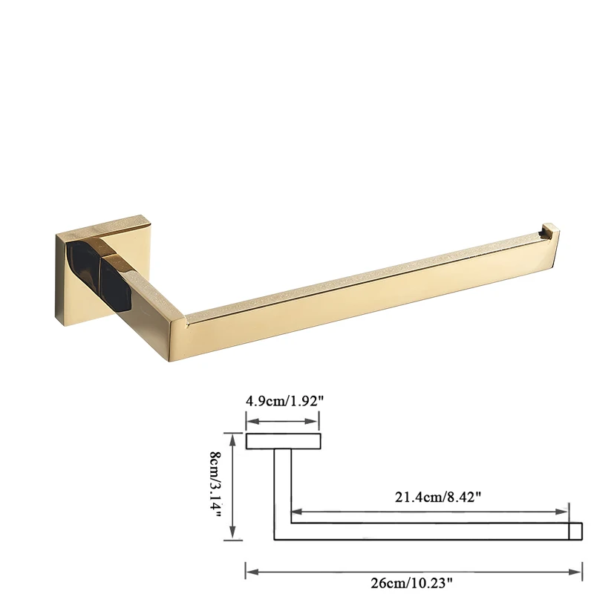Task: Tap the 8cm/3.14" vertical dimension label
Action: pos(215,486)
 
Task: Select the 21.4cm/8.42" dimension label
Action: pos(438,497)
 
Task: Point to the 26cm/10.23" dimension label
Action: pos(412,583)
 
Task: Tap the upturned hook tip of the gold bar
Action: pos(550,231)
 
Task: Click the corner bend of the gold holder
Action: pos(177,334)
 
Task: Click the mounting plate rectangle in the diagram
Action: pos(284,441)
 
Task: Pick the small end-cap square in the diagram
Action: pos(575,531)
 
